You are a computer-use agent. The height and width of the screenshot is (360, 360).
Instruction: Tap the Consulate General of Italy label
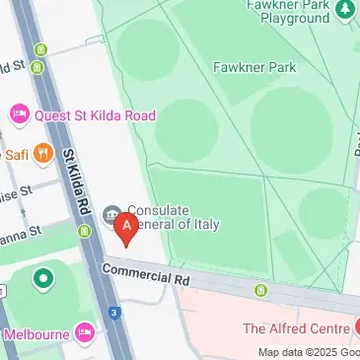pyautogui.click(x=172, y=217)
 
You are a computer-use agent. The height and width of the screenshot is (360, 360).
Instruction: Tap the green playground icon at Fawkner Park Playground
pyautogui.click(x=345, y=11)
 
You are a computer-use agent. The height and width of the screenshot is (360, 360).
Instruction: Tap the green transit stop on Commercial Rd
pyautogui.click(x=261, y=290)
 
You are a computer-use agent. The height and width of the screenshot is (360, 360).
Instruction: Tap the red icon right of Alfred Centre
pyautogui.click(x=356, y=326)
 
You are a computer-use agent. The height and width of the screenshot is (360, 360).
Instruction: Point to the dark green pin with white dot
pyautogui.click(x=41, y=280)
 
